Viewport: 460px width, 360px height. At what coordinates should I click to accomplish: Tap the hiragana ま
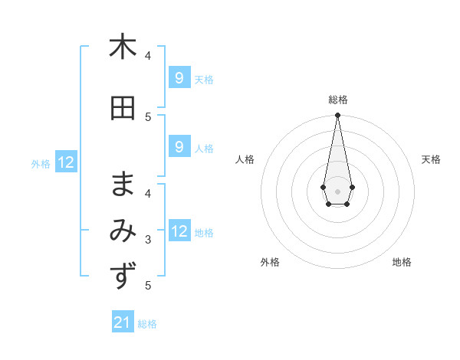coord(122,184)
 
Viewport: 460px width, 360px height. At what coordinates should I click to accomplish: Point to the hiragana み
coord(122,231)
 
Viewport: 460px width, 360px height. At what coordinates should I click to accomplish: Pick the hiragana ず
coord(122,276)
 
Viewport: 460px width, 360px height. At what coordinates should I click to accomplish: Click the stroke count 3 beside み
coord(148,240)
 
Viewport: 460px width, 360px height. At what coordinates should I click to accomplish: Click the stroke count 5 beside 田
coord(148,116)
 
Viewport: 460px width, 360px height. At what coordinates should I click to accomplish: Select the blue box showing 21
coord(123,322)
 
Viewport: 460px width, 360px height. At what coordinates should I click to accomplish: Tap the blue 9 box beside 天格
coord(179,77)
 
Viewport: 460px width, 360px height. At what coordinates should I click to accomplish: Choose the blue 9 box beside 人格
coord(179,147)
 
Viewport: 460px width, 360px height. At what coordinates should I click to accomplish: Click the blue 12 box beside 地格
coord(179,231)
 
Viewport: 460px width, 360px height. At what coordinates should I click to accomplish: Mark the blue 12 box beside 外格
coord(66,162)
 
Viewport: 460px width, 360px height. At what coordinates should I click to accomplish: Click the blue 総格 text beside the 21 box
coord(147,324)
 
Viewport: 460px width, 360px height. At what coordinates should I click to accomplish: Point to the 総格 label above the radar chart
coord(338,100)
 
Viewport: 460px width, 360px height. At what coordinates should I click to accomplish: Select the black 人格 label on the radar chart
coord(245,159)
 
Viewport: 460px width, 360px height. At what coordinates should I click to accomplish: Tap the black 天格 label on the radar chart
coord(432,159)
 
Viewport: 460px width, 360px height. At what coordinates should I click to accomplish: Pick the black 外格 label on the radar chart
coord(270,262)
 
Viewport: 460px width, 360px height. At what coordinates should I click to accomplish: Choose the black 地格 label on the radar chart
coord(402,262)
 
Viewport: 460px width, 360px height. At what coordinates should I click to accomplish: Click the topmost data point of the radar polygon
coord(338,115)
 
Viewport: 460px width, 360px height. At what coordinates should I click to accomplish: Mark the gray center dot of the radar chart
coord(338,191)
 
